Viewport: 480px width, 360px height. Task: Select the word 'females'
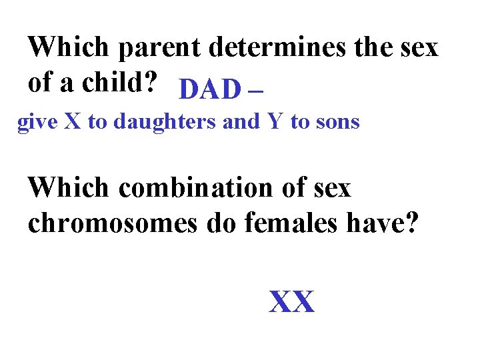[x=287, y=224]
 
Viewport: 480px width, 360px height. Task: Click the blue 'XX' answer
[x=291, y=303]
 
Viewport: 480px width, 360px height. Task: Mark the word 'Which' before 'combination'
[x=68, y=189]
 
